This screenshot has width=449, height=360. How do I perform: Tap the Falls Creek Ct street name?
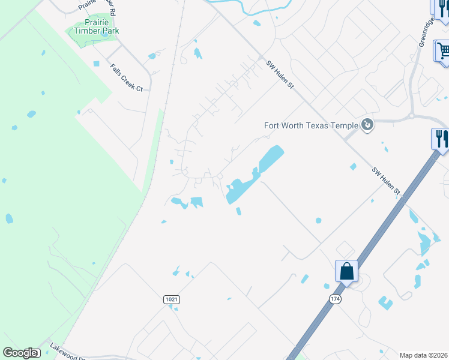point(126,78)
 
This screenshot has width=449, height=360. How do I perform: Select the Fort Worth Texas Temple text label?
point(311,125)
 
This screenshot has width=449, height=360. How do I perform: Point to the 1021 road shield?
point(171,299)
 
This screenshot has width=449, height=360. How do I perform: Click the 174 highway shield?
point(335,299)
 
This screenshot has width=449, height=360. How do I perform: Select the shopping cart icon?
point(443,50)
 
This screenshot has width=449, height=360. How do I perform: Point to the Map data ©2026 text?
point(424,355)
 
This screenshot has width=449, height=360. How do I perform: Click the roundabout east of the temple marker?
point(412,116)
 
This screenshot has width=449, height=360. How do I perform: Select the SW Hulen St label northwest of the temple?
point(280,74)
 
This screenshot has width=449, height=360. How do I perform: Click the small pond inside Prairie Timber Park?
point(106,35)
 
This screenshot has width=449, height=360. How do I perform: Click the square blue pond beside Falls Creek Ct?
point(96,64)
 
